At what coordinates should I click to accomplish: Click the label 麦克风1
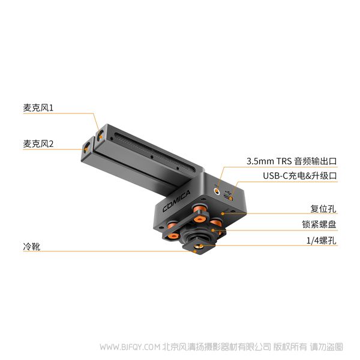[x=38, y=108]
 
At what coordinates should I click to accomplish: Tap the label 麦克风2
[x=38, y=144]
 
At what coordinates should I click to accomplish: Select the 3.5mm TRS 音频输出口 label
[x=292, y=161]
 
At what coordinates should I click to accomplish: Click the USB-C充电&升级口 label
[x=300, y=176]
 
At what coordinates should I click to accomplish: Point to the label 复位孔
[x=323, y=209]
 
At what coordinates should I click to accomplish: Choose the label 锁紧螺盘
[x=319, y=224]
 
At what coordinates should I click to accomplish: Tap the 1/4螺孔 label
[x=322, y=241]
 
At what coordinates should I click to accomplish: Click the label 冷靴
[x=32, y=247]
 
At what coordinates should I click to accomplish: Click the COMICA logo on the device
[x=176, y=201]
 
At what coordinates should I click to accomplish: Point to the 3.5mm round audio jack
[x=217, y=191]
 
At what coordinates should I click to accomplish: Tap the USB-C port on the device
[x=229, y=197]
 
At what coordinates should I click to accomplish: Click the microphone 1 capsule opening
[x=100, y=136]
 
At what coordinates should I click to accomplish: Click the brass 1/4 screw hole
[x=198, y=247]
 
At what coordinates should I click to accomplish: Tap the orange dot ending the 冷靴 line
[x=195, y=251]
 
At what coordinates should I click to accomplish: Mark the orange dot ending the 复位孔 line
[x=223, y=214]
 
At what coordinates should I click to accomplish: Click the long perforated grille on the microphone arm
[x=154, y=152]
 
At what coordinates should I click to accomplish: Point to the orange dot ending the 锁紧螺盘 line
[x=213, y=230]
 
